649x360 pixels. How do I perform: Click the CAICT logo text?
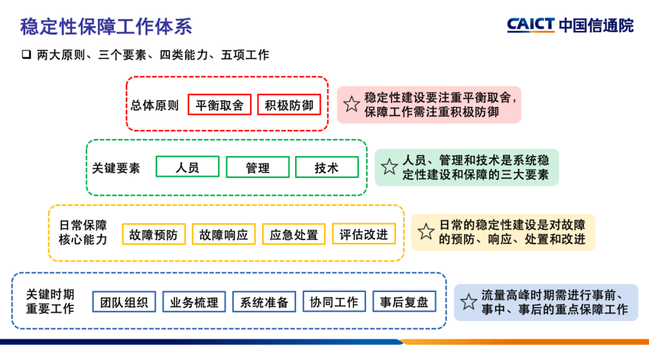point(531,25)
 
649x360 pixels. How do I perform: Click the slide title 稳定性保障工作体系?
point(106,26)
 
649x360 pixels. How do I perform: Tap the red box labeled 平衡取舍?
point(219,105)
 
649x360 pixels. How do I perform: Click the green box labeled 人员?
point(187,167)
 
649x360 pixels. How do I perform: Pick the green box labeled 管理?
point(257,168)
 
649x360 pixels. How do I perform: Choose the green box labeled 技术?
point(326,168)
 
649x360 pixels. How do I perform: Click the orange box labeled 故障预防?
point(154,234)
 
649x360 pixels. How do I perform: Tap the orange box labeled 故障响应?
point(224,234)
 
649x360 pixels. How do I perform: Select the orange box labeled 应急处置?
point(294,234)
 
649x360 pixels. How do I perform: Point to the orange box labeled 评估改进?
point(364,234)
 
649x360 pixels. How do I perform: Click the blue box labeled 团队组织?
point(124,302)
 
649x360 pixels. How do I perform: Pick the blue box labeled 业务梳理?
point(194,302)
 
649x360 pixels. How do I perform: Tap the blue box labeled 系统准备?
point(264,302)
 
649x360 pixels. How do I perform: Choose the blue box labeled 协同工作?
point(334,302)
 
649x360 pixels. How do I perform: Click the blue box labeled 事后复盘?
point(404,302)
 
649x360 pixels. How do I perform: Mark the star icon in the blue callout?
point(469,302)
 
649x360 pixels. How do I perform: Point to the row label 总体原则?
point(155,105)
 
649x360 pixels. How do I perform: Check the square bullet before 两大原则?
point(26,55)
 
